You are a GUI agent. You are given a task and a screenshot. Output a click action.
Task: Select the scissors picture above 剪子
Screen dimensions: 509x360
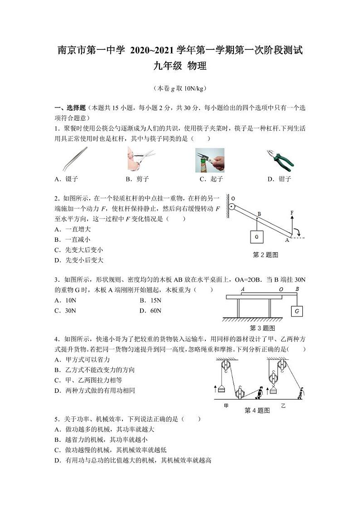click(x=141, y=159)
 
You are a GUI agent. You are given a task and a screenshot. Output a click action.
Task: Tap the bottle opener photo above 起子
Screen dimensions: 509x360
click(x=209, y=160)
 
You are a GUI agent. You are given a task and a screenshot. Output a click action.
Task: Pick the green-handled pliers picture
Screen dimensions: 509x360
click(x=280, y=160)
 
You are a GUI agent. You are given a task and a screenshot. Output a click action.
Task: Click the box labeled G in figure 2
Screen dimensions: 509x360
click(x=257, y=237)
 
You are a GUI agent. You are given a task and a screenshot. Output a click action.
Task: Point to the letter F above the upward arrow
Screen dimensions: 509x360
click(x=292, y=212)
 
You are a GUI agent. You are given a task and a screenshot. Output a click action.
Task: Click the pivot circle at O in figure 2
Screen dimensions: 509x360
click(x=231, y=207)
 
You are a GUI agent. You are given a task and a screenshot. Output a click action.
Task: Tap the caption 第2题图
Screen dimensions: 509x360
click(x=265, y=255)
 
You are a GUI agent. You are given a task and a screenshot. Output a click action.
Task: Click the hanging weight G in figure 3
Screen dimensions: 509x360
click(x=297, y=311)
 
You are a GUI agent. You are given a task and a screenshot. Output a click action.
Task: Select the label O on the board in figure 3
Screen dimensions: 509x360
click(x=281, y=289)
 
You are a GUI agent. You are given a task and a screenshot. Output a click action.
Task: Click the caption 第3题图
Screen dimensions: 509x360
click(x=263, y=328)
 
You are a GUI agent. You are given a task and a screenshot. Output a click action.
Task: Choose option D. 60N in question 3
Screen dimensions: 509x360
click(x=151, y=311)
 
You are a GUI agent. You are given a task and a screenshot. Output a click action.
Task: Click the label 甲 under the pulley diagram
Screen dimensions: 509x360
click(x=226, y=406)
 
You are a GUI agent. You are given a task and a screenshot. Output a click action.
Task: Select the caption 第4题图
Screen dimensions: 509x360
click(x=257, y=411)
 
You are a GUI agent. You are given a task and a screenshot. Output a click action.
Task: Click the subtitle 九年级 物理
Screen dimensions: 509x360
click(x=180, y=66)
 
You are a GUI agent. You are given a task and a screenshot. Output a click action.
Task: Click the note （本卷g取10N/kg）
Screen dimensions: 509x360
click(x=180, y=88)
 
